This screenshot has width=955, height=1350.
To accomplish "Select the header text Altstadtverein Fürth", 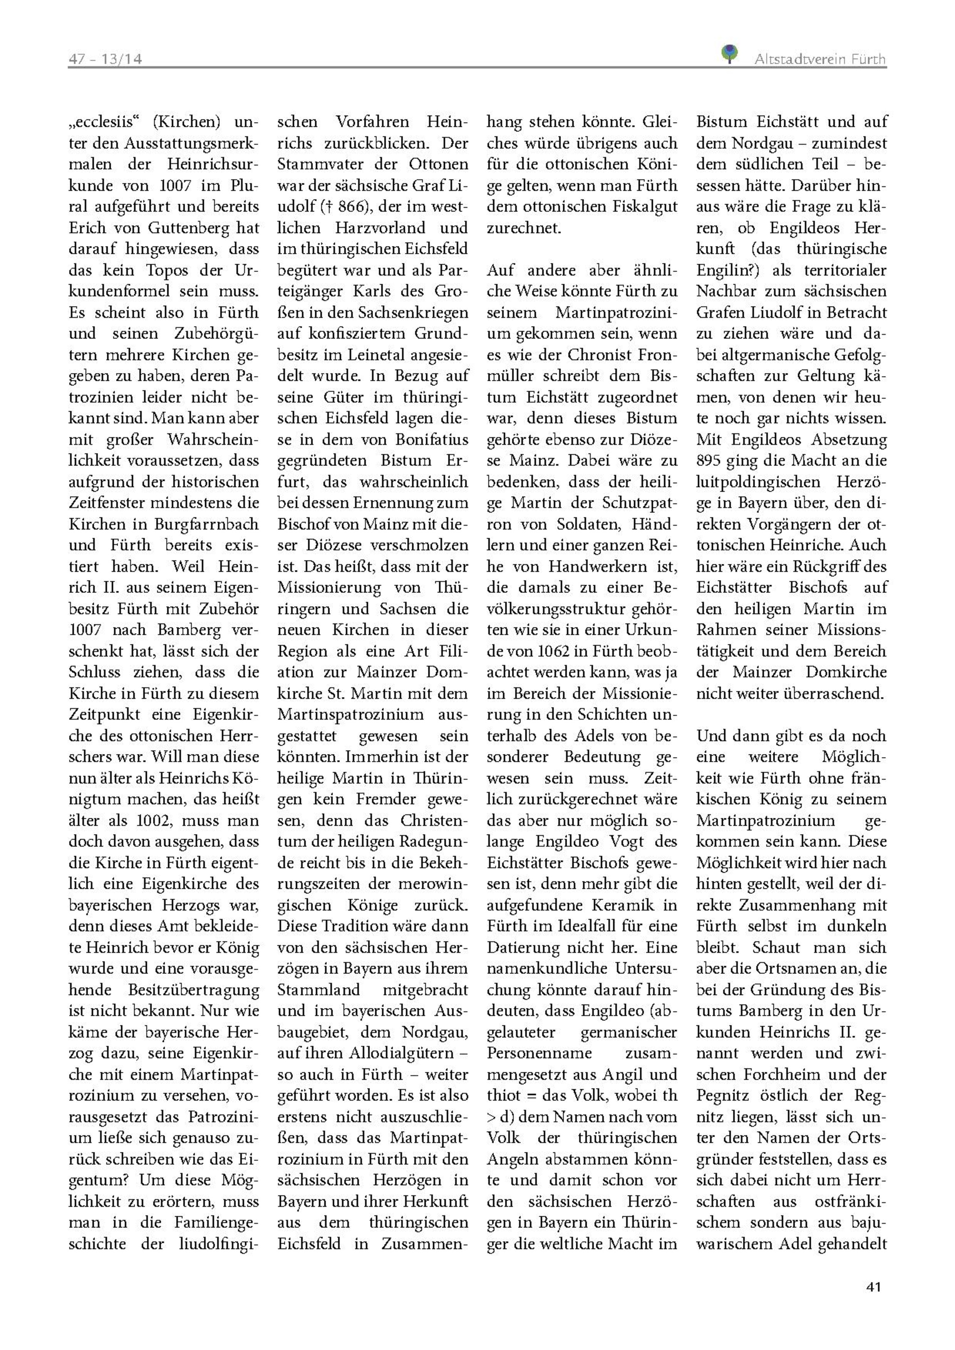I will (820, 59).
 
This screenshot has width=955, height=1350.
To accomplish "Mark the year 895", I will (709, 461).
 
